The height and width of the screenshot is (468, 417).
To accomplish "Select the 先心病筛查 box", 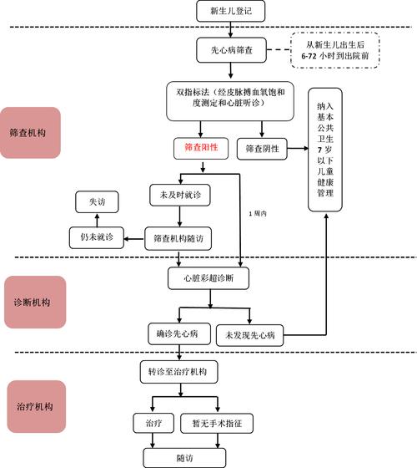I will point(231,50).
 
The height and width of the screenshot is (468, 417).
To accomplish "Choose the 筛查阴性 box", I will point(262,149).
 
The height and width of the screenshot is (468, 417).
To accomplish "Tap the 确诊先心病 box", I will point(178,333).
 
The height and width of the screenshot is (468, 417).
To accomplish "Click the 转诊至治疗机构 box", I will point(178,370).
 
